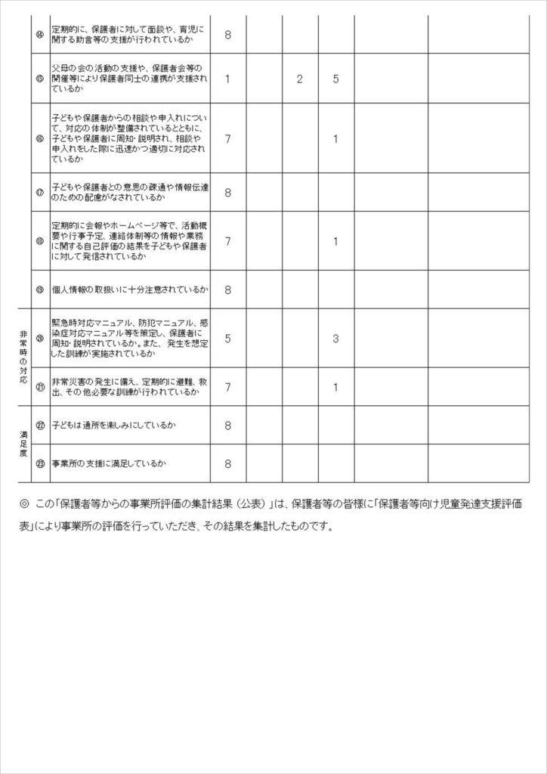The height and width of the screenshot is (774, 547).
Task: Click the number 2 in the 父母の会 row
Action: (x=300, y=79)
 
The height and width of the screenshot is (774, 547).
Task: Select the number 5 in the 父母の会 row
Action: (x=336, y=79)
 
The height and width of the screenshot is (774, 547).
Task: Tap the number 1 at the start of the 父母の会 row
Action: (x=228, y=79)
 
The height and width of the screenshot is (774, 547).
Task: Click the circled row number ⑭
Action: (x=40, y=34)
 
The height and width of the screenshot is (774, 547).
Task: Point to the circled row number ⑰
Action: (x=40, y=192)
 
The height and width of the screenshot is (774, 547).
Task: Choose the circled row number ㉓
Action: (x=40, y=464)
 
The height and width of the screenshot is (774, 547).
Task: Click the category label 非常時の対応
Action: (x=23, y=358)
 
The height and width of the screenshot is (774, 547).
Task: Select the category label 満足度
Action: (x=23, y=444)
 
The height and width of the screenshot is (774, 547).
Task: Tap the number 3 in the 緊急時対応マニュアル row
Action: (x=336, y=339)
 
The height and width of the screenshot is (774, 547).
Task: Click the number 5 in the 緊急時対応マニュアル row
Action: (x=228, y=339)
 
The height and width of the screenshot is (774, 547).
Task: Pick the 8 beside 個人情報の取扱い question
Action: (x=228, y=289)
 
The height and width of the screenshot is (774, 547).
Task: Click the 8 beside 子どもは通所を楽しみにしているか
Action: (x=228, y=426)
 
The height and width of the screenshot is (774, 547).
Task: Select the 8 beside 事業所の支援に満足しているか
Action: (x=228, y=464)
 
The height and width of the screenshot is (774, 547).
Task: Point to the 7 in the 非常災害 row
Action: (x=228, y=387)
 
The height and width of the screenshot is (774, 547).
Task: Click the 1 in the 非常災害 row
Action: (x=336, y=387)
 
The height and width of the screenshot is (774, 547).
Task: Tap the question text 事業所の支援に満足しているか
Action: (x=108, y=464)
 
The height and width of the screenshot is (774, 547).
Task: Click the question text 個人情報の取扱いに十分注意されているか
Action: (x=130, y=289)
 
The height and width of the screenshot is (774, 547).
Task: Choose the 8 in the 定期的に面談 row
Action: (x=228, y=34)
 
